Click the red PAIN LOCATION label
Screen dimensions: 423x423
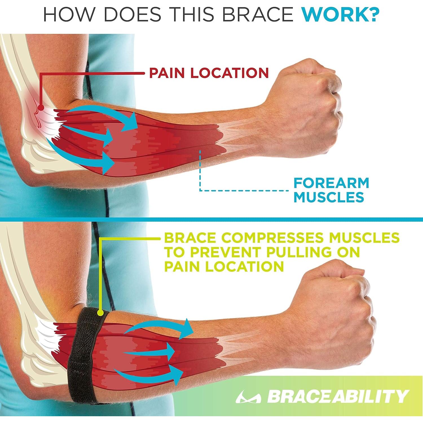click(209, 73)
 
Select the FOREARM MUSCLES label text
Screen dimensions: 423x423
click(331, 190)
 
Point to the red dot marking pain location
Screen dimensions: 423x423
click(41, 108)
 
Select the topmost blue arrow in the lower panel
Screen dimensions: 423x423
click(161, 330)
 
